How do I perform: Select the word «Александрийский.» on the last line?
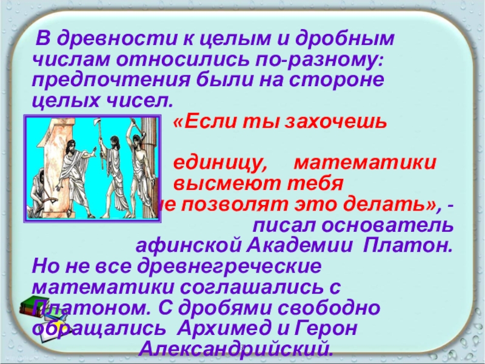pyautogui.click(x=236, y=349)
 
